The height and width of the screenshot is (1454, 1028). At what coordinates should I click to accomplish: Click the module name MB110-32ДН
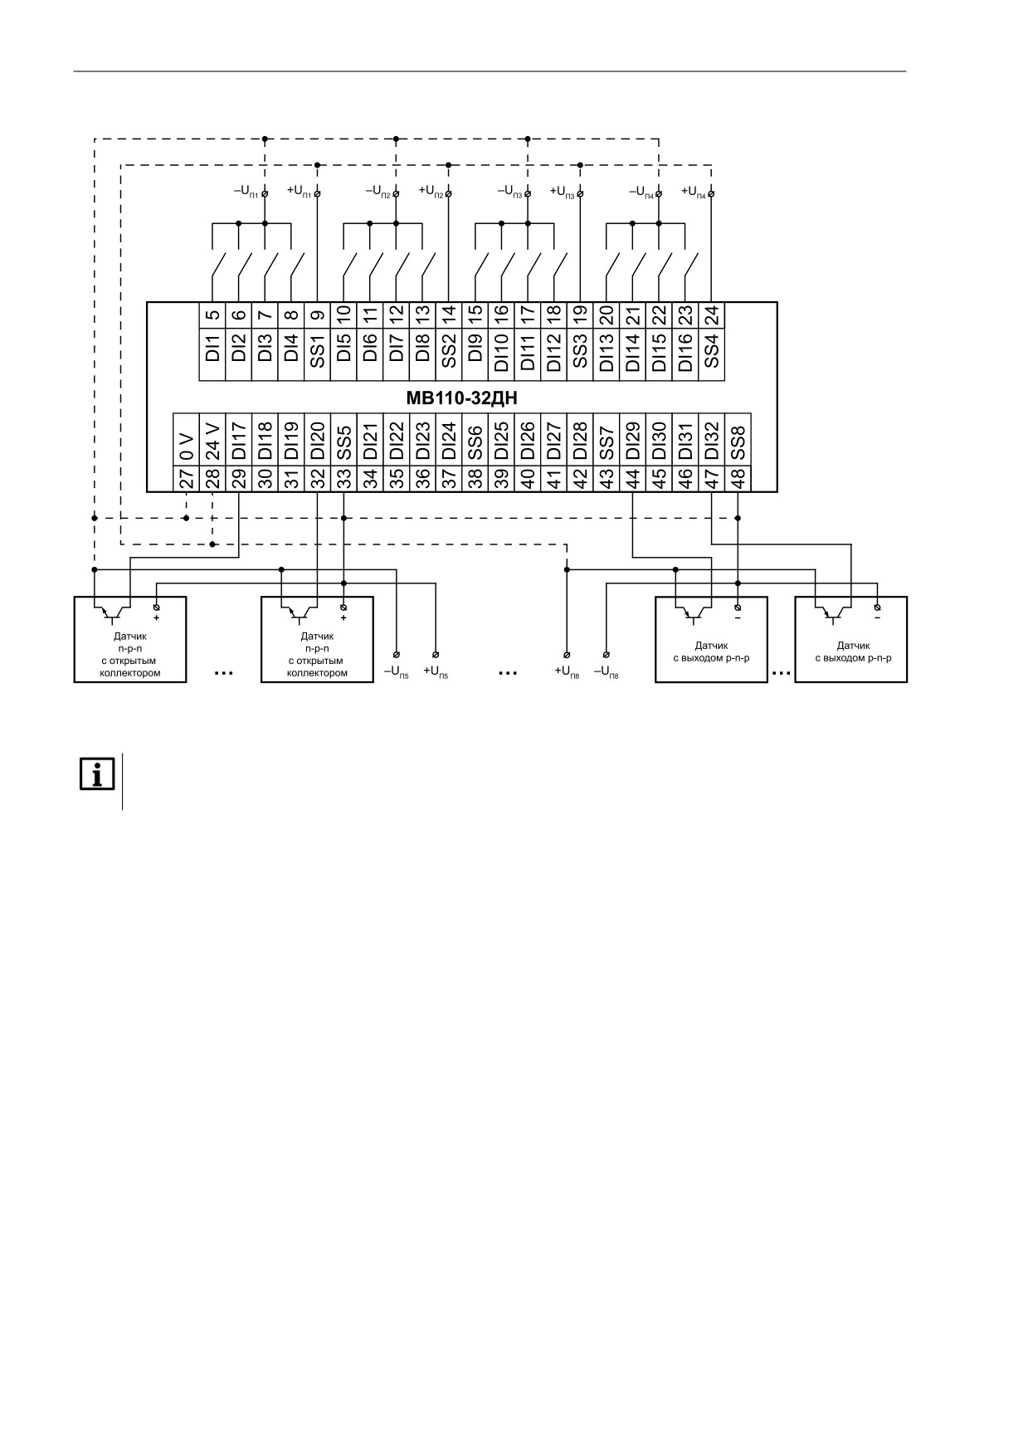click(x=461, y=398)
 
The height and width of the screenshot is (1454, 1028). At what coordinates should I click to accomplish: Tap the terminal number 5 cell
click(x=212, y=315)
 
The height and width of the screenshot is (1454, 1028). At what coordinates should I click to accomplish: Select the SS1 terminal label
click(x=317, y=354)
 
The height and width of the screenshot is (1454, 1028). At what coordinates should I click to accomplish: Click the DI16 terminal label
click(x=685, y=354)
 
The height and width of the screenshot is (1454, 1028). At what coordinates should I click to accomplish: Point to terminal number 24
click(x=712, y=315)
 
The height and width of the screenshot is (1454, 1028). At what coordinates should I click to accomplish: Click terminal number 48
click(x=738, y=479)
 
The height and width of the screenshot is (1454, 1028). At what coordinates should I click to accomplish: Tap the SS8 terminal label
click(x=738, y=442)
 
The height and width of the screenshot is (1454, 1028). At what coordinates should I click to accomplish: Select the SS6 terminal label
click(x=475, y=442)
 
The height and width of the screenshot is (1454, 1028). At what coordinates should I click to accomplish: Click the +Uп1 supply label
click(x=299, y=191)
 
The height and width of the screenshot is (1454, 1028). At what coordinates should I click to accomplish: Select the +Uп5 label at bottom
click(x=436, y=671)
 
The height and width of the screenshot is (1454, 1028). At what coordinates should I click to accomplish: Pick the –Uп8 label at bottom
click(x=606, y=671)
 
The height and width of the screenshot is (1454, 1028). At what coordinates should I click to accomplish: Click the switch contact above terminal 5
click(x=217, y=268)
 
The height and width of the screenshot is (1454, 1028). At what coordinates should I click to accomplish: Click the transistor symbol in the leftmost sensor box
click(x=112, y=612)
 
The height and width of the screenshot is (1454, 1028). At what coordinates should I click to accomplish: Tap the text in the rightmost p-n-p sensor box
click(x=853, y=651)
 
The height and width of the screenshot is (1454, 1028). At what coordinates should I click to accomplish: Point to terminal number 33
click(x=343, y=479)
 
